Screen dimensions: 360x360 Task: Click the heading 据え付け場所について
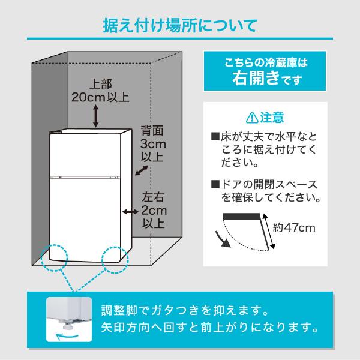point(180,27)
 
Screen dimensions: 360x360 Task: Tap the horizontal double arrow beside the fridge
point(129,212)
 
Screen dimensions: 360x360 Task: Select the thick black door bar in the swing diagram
point(244,215)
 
